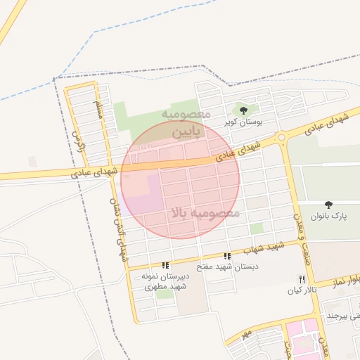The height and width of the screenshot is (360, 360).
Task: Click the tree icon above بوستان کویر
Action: (243, 110)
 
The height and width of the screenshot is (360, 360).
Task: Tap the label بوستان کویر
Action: (243, 122)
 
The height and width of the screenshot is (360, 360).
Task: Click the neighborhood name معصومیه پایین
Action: (186, 122)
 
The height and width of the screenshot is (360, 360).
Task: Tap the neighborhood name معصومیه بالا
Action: (205, 212)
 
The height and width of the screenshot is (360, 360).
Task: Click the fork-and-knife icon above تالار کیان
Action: (302, 279)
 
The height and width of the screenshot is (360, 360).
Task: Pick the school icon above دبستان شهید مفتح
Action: (226, 257)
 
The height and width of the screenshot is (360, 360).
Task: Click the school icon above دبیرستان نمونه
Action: (165, 265)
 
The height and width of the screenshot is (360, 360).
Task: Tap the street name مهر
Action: (246, 330)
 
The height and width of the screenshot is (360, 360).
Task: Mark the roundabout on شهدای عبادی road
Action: (281, 138)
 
